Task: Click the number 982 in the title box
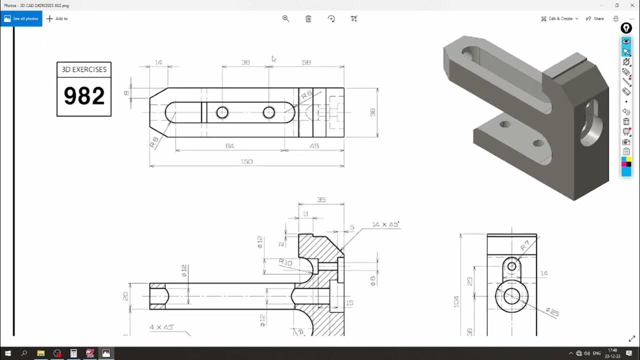[84, 96]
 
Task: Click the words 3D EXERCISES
[84, 69]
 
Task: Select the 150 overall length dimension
[246, 161]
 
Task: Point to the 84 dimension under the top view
[229, 146]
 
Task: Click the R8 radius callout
[154, 142]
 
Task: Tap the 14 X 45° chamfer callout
[385, 224]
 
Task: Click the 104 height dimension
[456, 301]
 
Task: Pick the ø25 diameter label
[552, 313]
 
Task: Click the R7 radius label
[525, 245]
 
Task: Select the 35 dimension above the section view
[321, 200]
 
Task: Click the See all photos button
[21, 18]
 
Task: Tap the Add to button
[57, 18]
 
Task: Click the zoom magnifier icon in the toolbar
[286, 18]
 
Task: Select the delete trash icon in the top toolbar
[308, 18]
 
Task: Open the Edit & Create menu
[559, 18]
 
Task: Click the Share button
[595, 18]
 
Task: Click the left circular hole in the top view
[222, 112]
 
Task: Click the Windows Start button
[8, 353]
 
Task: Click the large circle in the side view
[511, 295]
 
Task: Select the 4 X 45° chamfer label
[161, 327]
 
